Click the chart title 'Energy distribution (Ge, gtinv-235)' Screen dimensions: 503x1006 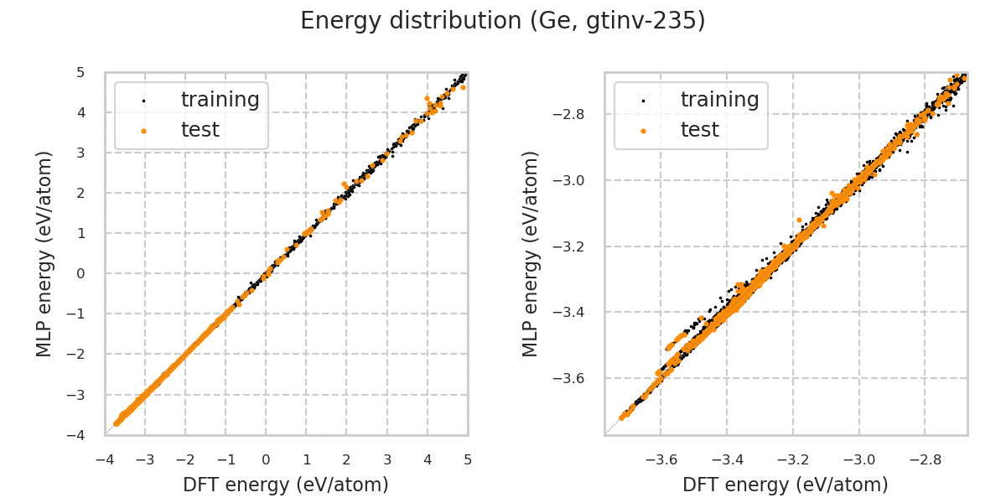point(503,21)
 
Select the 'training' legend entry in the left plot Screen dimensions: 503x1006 point(220,100)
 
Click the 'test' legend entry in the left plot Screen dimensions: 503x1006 point(200,130)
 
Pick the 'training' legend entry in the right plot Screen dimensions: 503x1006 point(719,100)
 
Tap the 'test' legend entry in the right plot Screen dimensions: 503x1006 point(700,130)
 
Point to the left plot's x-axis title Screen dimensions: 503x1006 point(286,485)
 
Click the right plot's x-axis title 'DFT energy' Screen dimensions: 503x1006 point(786,485)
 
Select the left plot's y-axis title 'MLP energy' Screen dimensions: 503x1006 point(44,253)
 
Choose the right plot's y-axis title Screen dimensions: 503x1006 point(531,253)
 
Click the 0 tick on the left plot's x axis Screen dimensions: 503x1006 point(266,459)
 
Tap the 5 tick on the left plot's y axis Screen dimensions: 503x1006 point(80,72)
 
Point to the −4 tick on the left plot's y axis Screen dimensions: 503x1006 point(77,435)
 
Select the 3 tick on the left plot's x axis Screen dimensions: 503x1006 point(387,459)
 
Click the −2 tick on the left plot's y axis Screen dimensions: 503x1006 point(77,355)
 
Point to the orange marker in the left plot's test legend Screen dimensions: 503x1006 point(143,131)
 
